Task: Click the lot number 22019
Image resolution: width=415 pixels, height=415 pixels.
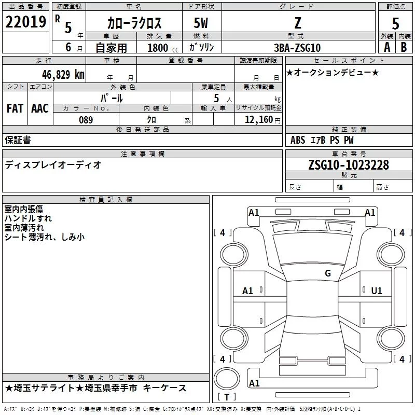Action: (x=25, y=22)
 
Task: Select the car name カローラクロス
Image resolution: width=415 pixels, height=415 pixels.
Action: (x=134, y=23)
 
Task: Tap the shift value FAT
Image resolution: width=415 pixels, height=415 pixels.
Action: (x=15, y=108)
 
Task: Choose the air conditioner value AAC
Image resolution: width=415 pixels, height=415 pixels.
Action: (x=40, y=108)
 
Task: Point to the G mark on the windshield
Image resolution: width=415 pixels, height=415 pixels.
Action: (x=327, y=273)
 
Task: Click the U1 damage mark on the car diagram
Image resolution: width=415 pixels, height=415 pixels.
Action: (x=376, y=291)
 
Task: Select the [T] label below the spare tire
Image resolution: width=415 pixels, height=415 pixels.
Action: (x=227, y=397)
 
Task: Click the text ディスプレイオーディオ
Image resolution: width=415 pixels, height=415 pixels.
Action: (x=53, y=165)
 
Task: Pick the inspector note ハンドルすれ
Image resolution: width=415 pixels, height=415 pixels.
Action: (x=28, y=218)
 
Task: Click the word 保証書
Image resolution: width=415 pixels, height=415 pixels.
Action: (x=18, y=140)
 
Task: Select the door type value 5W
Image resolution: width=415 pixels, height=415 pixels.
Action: (x=201, y=23)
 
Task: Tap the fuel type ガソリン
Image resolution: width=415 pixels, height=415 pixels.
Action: (x=201, y=48)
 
